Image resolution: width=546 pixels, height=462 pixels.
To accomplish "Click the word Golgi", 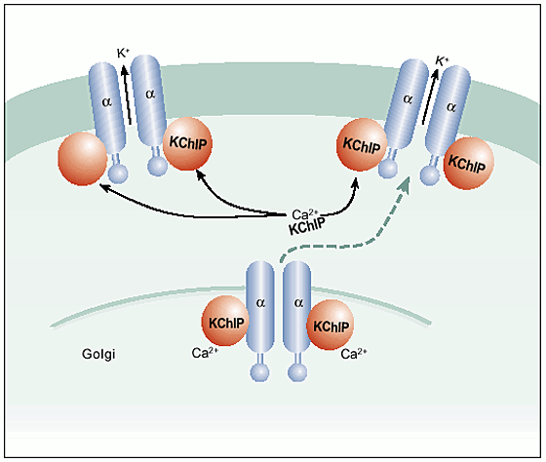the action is click(98, 355).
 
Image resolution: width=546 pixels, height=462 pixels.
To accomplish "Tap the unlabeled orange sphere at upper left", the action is click(83, 159).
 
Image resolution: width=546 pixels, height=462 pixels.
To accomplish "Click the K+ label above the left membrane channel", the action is click(123, 54).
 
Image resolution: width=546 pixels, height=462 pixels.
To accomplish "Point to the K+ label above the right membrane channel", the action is click(442, 61).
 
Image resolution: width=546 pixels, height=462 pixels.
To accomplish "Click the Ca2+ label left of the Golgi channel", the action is click(205, 353).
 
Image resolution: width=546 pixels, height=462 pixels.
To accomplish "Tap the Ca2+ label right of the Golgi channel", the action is click(354, 354).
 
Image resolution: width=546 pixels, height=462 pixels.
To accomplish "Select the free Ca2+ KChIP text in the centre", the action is click(306, 223).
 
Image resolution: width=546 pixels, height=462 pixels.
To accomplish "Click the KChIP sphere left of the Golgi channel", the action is click(226, 321).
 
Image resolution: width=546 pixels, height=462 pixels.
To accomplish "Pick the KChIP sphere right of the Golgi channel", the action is click(331, 325).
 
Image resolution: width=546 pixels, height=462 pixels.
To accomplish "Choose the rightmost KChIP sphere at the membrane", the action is click(468, 164).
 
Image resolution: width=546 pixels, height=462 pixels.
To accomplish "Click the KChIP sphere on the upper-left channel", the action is click(187, 143).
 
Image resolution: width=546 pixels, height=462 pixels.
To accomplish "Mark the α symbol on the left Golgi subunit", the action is click(260, 303).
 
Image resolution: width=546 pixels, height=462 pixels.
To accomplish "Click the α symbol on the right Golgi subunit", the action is click(298, 303).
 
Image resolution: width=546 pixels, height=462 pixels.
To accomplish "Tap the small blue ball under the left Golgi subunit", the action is click(259, 372).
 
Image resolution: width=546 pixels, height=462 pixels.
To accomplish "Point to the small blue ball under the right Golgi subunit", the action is click(297, 372).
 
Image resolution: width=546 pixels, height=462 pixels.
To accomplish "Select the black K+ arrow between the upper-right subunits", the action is click(430, 96).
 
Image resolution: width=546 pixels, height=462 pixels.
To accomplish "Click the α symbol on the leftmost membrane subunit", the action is click(107, 102).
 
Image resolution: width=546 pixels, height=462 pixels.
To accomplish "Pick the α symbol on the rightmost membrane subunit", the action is click(450, 107).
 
